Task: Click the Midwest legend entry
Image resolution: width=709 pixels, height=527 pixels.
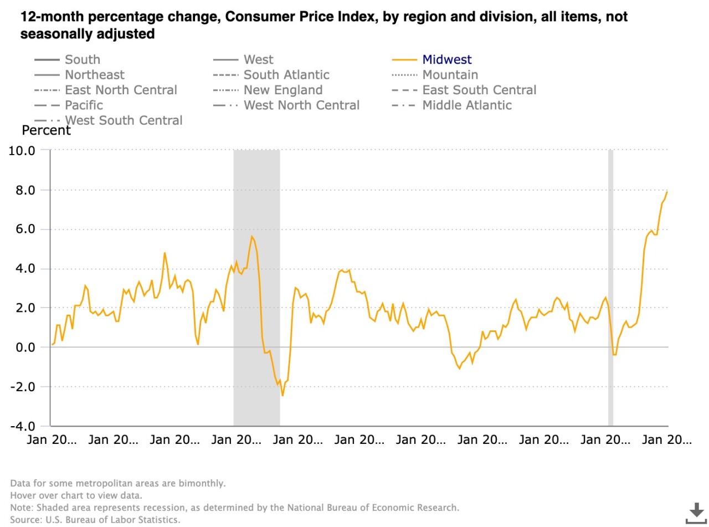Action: [447, 59]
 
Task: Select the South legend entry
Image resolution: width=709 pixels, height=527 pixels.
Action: [82, 59]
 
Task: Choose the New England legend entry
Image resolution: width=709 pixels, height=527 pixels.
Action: [282, 90]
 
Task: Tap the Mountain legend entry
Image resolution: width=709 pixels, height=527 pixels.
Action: [450, 74]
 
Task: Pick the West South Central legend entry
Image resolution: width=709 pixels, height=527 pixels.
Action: [124, 120]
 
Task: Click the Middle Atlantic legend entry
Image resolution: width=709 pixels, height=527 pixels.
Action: [466, 105]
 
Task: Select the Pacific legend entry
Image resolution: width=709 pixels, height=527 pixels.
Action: [84, 105]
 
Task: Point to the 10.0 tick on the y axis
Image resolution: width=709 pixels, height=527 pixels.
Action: [22, 150]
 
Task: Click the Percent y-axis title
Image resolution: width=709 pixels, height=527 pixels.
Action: [46, 131]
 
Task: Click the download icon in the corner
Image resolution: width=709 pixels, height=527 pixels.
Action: [695, 513]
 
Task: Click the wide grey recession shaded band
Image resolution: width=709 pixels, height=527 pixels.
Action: [256, 288]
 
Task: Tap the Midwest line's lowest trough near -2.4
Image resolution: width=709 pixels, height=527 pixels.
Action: [282, 395]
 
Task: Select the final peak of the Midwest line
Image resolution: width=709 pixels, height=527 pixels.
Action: [667, 192]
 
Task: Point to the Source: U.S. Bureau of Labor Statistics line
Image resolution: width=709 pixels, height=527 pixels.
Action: [95, 519]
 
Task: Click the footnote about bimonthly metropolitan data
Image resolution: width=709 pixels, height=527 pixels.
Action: [117, 483]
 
